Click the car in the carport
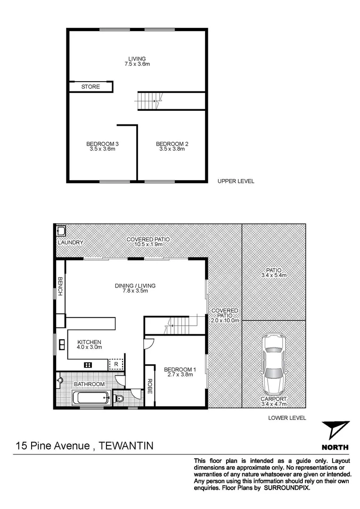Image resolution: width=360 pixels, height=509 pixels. click(x=274, y=364)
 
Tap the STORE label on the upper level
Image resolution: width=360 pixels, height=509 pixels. click(x=90, y=87)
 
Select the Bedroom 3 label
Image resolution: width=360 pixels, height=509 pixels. click(x=102, y=144)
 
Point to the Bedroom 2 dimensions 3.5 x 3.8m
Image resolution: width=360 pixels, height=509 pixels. click(x=172, y=149)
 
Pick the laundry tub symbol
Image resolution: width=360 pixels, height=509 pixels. click(x=60, y=231)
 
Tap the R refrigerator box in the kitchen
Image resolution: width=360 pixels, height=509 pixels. click(x=116, y=364)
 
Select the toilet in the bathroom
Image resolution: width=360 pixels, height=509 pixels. click(x=119, y=399)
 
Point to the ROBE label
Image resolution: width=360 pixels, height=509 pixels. click(x=149, y=386)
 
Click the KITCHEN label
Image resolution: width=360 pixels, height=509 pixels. click(x=90, y=342)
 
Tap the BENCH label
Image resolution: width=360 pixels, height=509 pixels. click(x=60, y=287)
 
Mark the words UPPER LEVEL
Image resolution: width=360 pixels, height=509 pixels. click(x=236, y=181)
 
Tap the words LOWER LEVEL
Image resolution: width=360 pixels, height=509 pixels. click(x=287, y=418)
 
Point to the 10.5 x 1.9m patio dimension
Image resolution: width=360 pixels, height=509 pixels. click(x=148, y=245)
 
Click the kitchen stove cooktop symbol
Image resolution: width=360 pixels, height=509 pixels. click(x=88, y=364)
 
